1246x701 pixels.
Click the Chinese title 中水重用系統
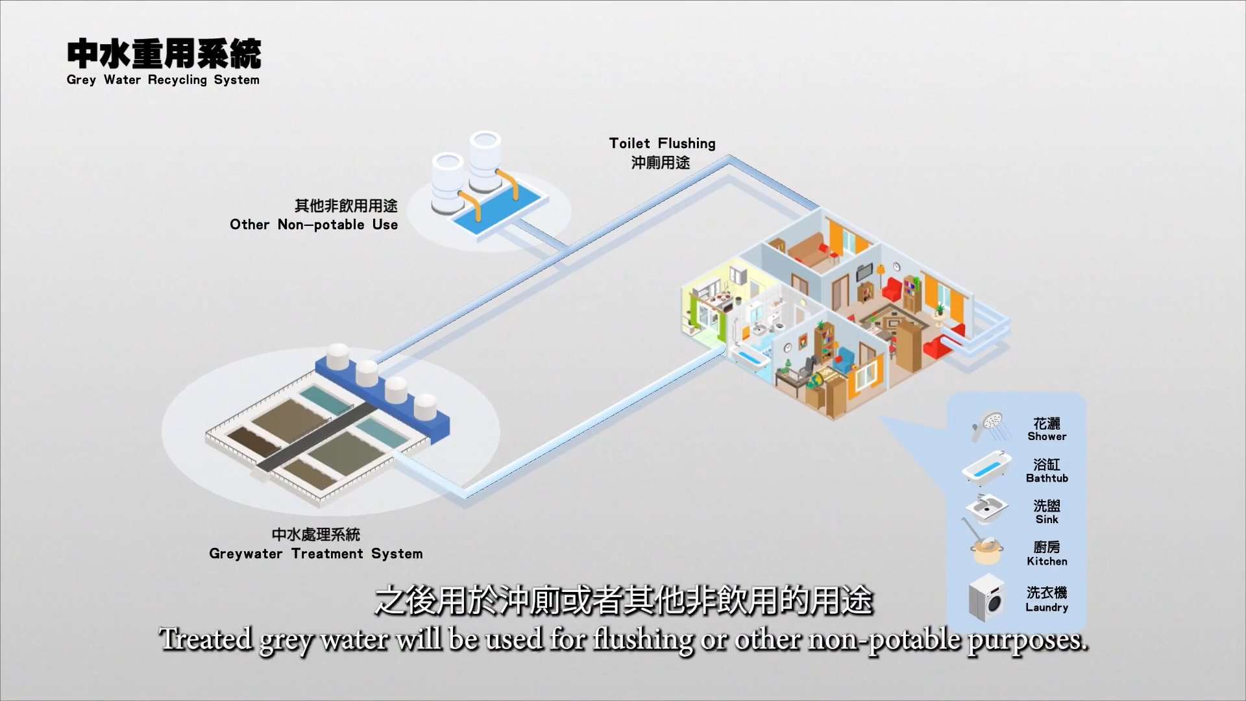click(x=164, y=53)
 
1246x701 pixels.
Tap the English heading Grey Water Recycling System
click(x=163, y=80)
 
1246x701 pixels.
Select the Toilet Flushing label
click(x=662, y=143)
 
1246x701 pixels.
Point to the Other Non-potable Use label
click(x=313, y=225)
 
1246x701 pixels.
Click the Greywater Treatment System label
click(x=315, y=554)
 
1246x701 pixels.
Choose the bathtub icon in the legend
click(x=987, y=467)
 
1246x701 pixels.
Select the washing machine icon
click(x=986, y=597)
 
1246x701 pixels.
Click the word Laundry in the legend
click(x=1047, y=608)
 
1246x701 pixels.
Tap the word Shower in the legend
click(x=1047, y=436)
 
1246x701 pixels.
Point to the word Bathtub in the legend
click(x=1047, y=478)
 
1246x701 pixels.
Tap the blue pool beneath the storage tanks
click(x=499, y=212)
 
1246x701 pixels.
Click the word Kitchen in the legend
click(x=1047, y=561)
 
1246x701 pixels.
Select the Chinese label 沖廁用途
click(x=661, y=162)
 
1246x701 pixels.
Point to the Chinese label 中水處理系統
click(x=315, y=534)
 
